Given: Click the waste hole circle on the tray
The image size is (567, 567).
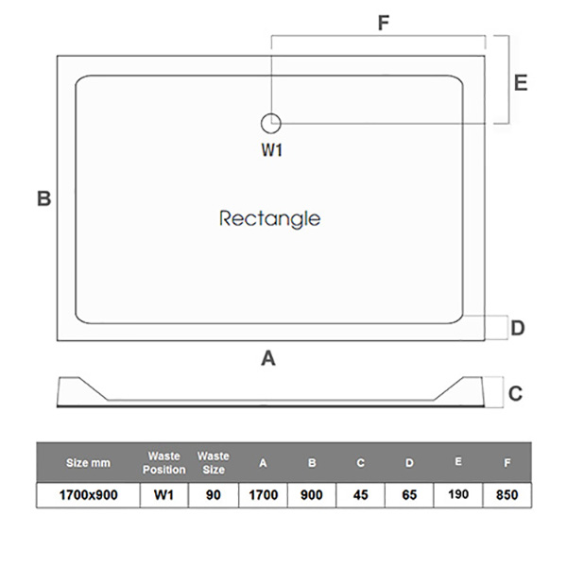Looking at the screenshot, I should [271, 121].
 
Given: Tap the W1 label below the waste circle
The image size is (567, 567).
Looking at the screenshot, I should [272, 150].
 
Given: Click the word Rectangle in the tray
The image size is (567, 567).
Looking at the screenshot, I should [269, 218].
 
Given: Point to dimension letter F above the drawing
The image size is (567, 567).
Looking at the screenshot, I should [384, 24].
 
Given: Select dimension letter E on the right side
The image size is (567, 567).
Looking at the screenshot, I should [521, 82].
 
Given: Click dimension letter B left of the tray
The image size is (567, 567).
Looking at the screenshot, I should [43, 199].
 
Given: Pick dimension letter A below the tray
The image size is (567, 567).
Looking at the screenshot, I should [268, 357].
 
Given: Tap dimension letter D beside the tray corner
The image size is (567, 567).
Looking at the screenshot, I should [517, 328].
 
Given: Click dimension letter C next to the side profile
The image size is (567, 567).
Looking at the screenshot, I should [515, 393].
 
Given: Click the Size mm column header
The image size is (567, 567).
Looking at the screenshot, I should [88, 463].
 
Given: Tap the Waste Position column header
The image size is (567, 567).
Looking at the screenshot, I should [164, 463].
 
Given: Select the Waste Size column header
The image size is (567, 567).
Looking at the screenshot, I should [214, 463].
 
